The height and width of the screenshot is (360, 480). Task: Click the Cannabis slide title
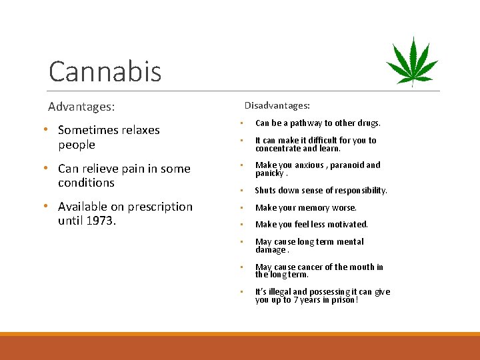click(x=105, y=71)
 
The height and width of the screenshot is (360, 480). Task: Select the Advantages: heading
click(x=81, y=107)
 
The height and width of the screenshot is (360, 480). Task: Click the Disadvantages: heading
click(x=277, y=105)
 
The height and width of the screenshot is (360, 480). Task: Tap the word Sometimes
click(x=90, y=130)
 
